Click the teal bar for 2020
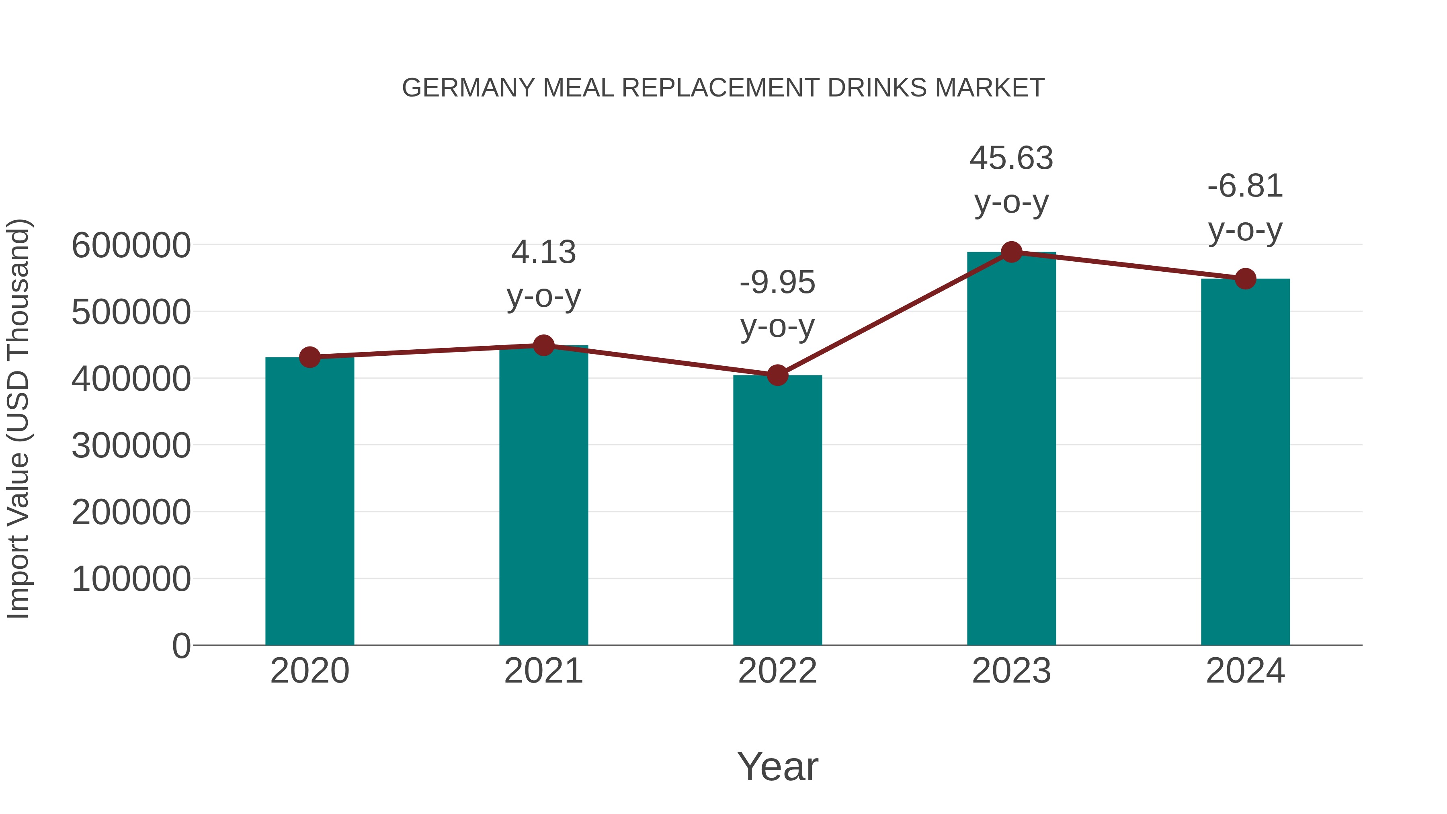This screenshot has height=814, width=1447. point(309,500)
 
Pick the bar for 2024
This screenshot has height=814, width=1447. point(1245,461)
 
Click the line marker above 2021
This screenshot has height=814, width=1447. point(543,345)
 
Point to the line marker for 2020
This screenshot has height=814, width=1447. point(309,357)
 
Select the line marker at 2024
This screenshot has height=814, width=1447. point(1245,279)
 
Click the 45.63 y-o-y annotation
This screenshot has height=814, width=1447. point(1011,179)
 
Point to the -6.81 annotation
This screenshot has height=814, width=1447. point(1245,207)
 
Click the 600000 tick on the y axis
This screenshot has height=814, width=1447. point(131,246)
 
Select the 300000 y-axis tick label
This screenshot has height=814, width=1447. point(131,445)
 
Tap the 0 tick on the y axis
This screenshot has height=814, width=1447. point(181,646)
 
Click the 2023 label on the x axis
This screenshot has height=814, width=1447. point(1011,671)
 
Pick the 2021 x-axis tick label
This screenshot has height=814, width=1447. point(543,671)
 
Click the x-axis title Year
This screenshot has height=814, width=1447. point(777,766)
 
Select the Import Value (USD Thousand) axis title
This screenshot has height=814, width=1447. point(18,418)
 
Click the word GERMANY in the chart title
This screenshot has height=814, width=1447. point(469,88)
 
